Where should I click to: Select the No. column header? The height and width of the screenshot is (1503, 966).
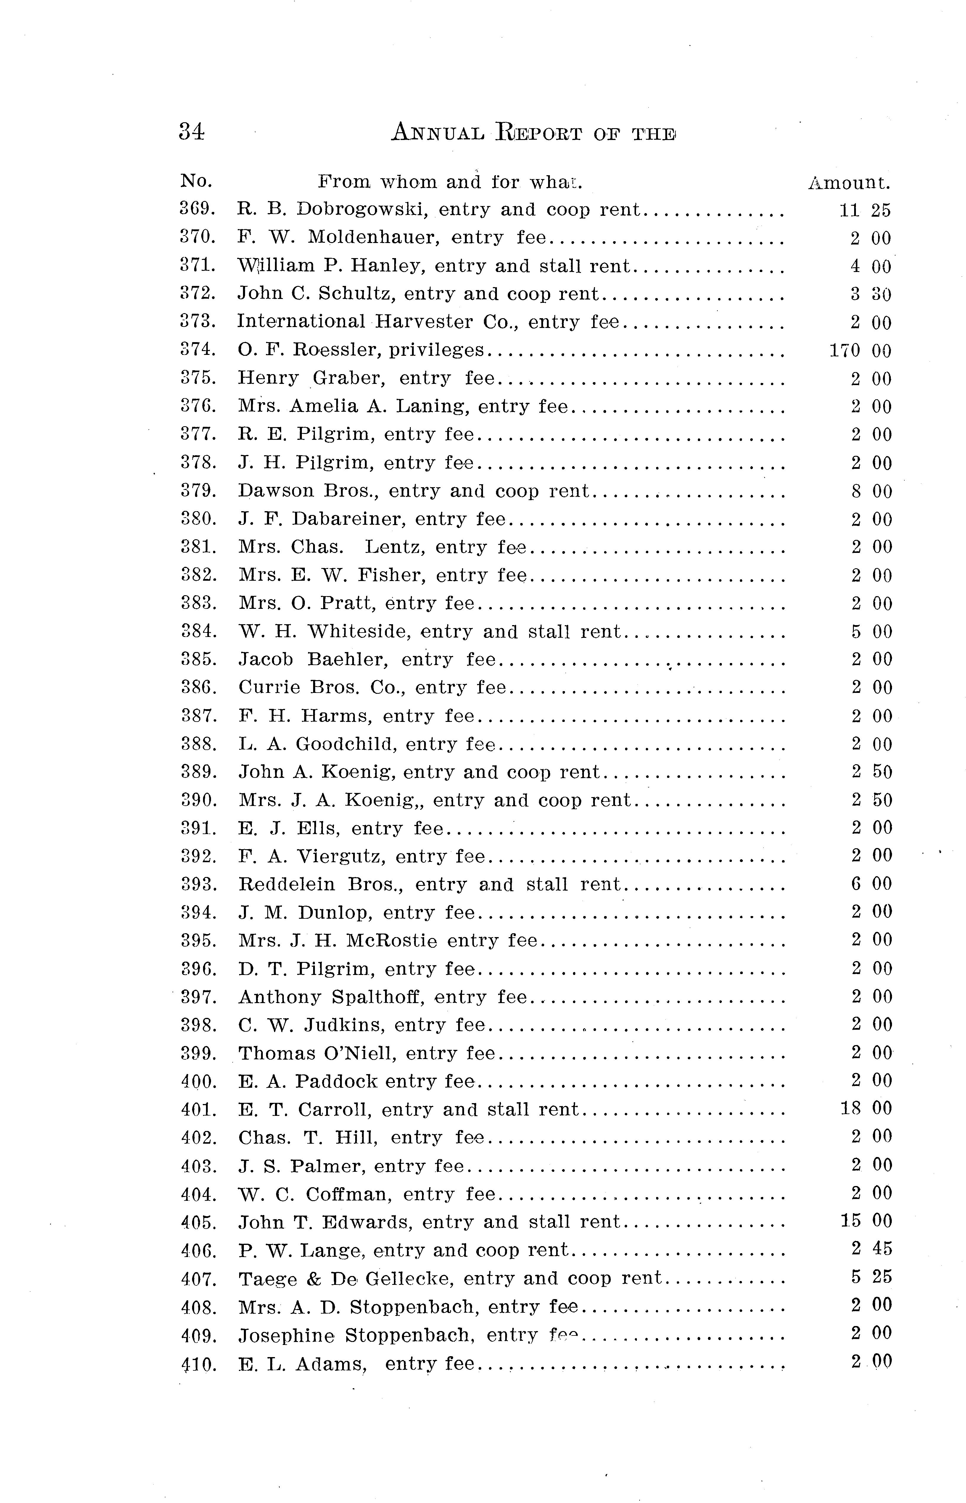tap(196, 181)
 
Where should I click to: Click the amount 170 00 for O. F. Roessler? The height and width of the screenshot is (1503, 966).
tap(860, 350)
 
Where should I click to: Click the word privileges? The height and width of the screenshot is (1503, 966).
tap(437, 350)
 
